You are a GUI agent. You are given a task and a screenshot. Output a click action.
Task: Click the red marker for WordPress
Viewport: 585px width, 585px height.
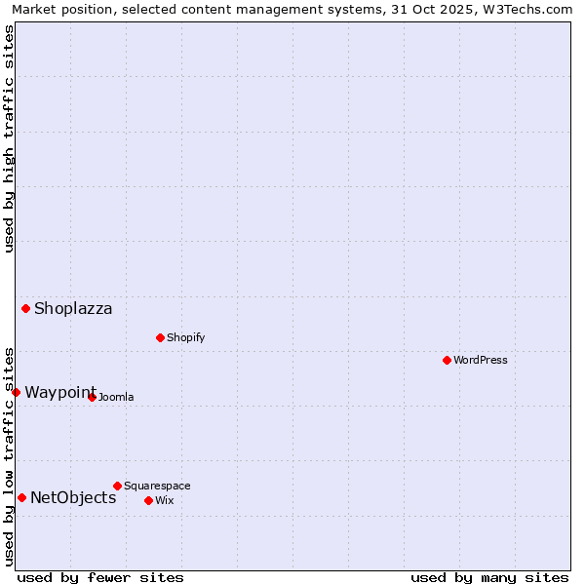(x=447, y=360)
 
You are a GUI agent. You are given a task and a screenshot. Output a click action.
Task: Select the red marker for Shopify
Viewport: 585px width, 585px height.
(x=160, y=337)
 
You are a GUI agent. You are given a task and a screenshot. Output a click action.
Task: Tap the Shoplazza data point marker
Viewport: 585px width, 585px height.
(x=26, y=309)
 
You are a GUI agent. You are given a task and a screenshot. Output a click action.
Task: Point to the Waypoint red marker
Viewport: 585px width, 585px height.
(x=17, y=392)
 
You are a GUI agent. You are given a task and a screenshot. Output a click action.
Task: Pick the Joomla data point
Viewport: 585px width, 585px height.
(x=92, y=397)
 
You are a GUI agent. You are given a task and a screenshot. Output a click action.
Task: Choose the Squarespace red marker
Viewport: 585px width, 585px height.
(x=117, y=486)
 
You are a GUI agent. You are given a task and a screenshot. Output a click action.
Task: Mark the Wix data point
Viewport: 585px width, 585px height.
(x=148, y=500)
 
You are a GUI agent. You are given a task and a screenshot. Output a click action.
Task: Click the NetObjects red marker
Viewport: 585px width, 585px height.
(x=21, y=497)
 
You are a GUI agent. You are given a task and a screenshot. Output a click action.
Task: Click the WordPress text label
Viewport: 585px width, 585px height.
(x=481, y=360)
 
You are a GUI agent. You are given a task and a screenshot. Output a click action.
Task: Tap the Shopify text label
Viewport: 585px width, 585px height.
(x=186, y=337)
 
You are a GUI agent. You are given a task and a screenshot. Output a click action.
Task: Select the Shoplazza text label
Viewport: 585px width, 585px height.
(x=73, y=309)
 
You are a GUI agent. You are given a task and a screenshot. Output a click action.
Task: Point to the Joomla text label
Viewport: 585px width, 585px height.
(x=116, y=397)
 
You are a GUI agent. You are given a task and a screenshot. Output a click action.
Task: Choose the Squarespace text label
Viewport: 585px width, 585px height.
(x=157, y=486)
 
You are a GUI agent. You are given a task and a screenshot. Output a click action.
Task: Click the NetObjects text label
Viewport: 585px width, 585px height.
(x=73, y=498)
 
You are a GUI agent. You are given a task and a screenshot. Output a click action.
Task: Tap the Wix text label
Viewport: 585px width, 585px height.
(x=164, y=500)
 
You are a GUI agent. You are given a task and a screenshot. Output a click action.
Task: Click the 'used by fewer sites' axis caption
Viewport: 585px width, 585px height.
(x=100, y=577)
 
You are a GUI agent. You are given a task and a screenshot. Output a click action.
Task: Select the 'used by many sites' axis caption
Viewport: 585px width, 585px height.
(x=489, y=577)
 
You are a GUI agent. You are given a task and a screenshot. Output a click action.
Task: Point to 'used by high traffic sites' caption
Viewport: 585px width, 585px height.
(x=9, y=138)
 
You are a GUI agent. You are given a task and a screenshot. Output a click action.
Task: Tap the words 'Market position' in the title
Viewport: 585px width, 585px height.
(x=58, y=9)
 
